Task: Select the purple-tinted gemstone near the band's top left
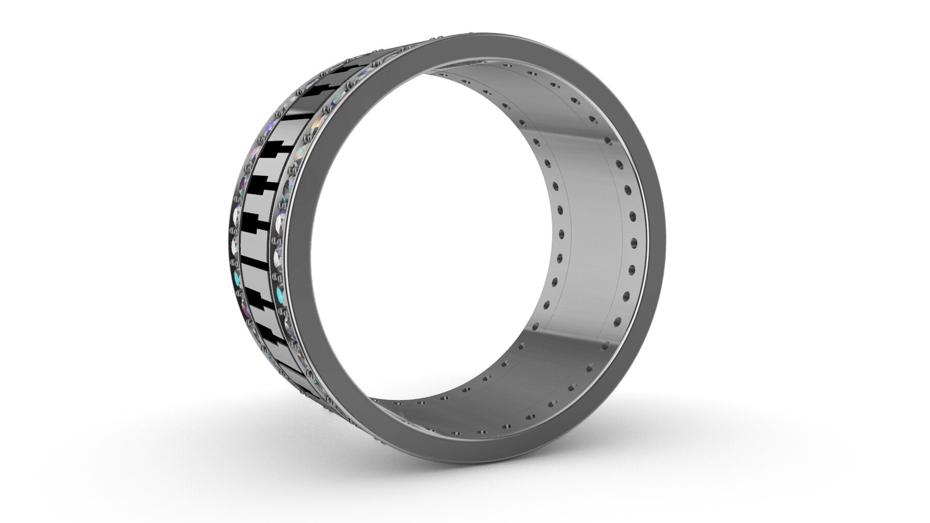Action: pos(270,126)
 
